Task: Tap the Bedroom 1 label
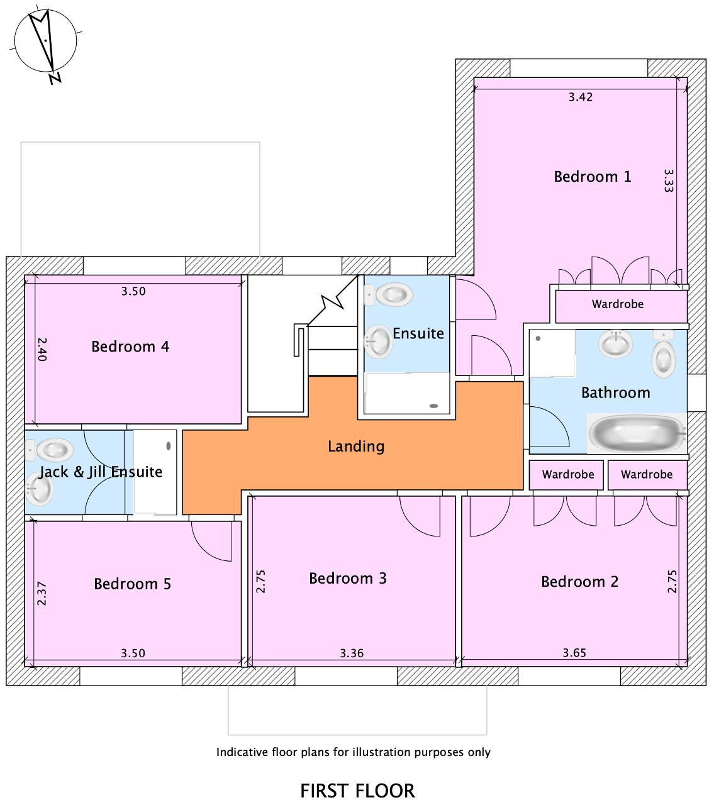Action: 592,177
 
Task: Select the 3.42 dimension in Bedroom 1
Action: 580,97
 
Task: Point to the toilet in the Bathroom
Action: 664,355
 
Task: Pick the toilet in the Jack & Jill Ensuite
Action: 53,449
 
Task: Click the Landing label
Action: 355,447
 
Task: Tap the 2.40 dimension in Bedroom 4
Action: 42,349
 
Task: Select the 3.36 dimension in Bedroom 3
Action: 352,653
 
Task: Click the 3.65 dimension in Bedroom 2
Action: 574,653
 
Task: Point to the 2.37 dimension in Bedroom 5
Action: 42,594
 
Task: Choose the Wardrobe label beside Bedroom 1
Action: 617,304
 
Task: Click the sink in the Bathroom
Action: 615,343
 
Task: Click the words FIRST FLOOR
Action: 357,791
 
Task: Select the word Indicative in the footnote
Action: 242,752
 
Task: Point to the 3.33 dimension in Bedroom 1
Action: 669,180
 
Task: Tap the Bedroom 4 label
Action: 130,347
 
